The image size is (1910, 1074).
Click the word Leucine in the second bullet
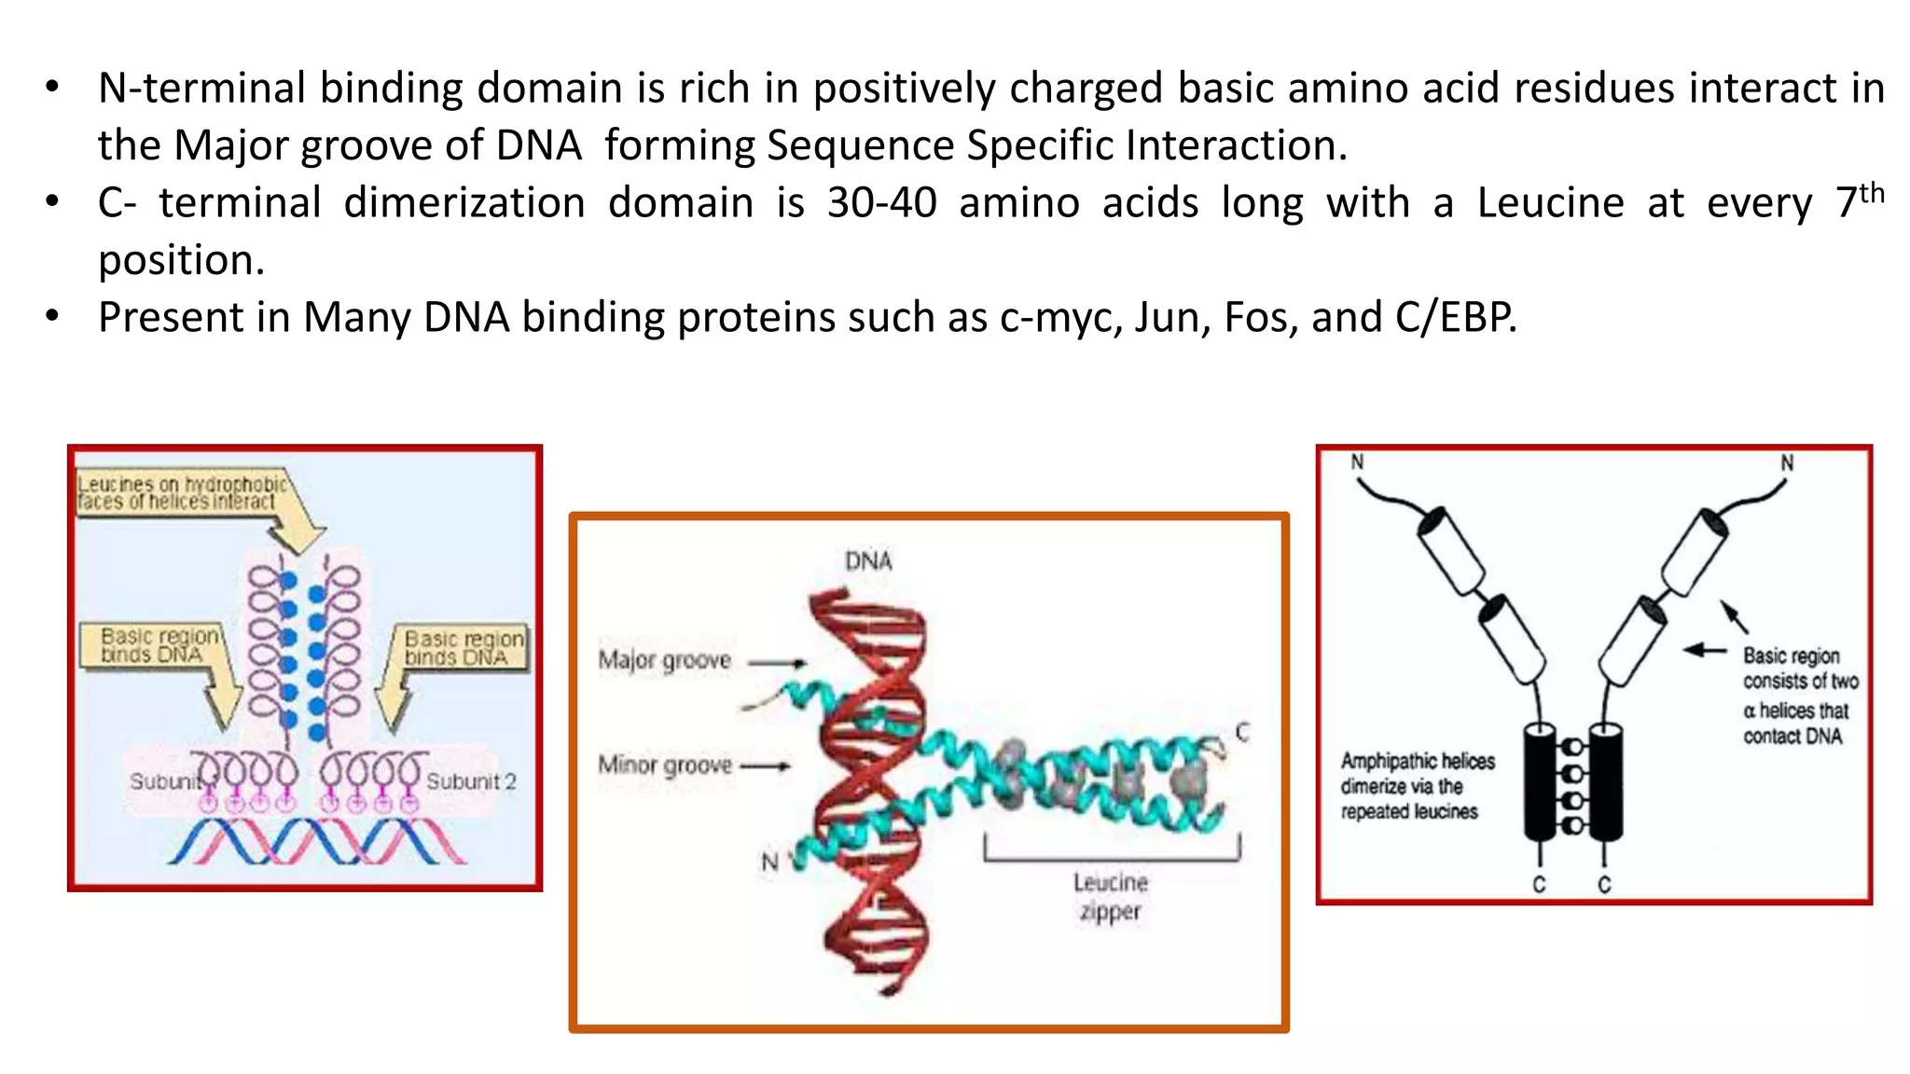[x=1550, y=203]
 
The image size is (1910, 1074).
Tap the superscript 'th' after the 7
[x=1871, y=193]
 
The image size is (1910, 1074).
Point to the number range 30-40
[x=881, y=203]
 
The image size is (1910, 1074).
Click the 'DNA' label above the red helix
[x=868, y=561]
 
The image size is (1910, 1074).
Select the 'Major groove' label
[x=664, y=660]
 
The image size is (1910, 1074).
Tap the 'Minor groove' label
[x=664, y=765]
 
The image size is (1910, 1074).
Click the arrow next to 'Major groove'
[x=777, y=664]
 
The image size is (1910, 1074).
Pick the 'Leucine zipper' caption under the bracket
[x=1110, y=896]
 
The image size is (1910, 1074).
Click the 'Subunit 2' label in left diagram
[x=471, y=781]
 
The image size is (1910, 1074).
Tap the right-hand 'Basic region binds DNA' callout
[x=463, y=648]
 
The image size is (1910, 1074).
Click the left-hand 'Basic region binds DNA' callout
[x=159, y=645]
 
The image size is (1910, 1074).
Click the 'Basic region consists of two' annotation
[x=1799, y=695]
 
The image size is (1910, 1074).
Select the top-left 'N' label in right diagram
[x=1357, y=461]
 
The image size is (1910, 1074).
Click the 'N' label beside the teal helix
[x=769, y=861]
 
